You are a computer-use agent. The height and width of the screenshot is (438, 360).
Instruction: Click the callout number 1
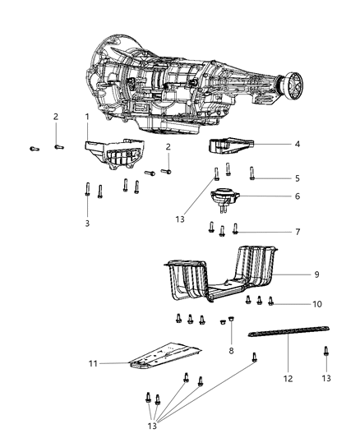pyautogui.click(x=86, y=118)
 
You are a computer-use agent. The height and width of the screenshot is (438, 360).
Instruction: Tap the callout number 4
pyautogui.click(x=297, y=144)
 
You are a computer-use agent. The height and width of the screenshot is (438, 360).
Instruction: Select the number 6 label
pyautogui.click(x=297, y=196)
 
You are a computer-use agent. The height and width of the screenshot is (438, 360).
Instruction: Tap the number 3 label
pyautogui.click(x=86, y=223)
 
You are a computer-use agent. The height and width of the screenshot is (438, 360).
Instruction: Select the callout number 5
pyautogui.click(x=297, y=178)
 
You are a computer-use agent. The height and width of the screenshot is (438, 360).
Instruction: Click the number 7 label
pyautogui.click(x=297, y=233)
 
